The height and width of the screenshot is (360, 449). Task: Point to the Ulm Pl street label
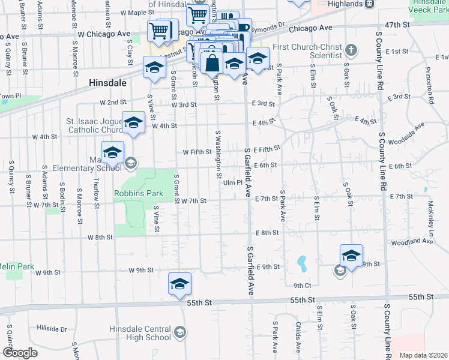click(232, 183)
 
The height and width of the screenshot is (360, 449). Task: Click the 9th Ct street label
click(302, 286)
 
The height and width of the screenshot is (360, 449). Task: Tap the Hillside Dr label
click(52, 329)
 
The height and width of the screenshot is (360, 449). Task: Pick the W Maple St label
click(136, 12)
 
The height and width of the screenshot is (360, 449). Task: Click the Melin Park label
click(16, 266)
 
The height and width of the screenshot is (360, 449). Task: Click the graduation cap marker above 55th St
click(179, 285)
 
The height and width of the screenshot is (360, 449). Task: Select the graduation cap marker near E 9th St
click(351, 256)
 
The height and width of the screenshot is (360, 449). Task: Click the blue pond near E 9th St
click(301, 262)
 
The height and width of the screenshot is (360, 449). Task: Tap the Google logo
click(20, 353)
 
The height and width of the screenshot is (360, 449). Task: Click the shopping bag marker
click(212, 62)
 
